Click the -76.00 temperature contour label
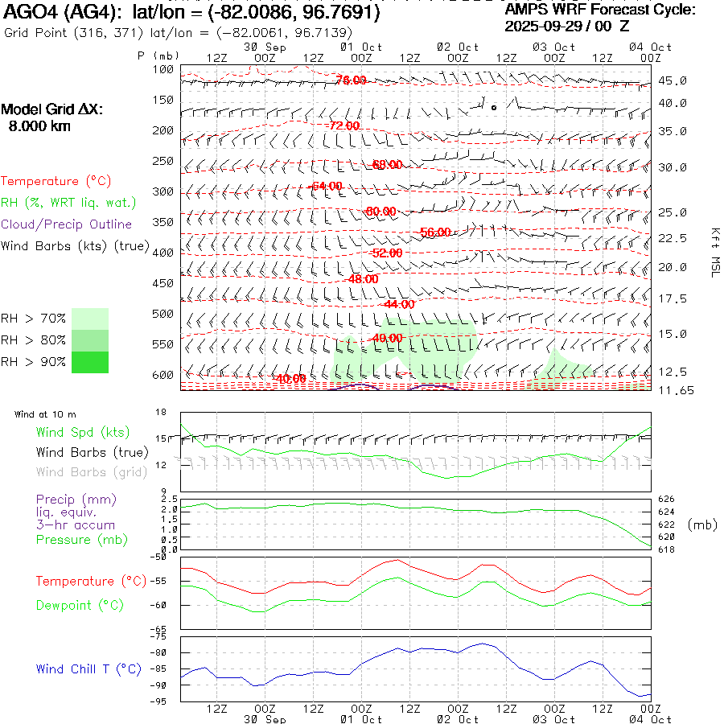[351, 80]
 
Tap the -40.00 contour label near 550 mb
[388, 338]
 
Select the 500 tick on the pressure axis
[163, 314]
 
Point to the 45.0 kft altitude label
[673, 80]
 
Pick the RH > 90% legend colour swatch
[90, 363]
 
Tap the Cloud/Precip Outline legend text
[67, 224]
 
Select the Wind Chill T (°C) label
[88, 669]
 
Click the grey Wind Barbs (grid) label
[92, 472]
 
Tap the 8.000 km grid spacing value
[39, 126]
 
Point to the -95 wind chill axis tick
[161, 701]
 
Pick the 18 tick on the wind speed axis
[161, 412]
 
